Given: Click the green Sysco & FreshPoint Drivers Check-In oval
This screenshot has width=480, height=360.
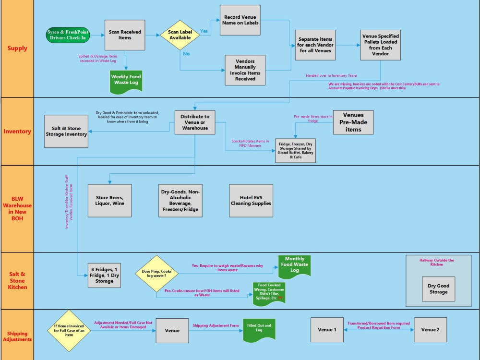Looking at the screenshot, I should coord(68,35).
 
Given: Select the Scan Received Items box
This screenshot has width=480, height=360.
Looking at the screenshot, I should coord(125,35).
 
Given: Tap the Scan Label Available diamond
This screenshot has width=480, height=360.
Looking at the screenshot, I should coord(180,35).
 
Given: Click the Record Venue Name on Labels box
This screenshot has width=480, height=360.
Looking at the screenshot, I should coord(240,20).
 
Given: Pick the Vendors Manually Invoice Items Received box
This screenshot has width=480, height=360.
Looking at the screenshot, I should coord(245,70).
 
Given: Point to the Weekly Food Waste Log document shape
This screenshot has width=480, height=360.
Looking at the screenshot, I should coord(126,80).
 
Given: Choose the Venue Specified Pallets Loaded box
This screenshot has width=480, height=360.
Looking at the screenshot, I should coord(380,45).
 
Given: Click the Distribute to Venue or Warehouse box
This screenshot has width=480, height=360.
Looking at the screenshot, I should coord(195,122).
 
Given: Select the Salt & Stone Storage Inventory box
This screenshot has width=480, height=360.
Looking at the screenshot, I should coord(66,132).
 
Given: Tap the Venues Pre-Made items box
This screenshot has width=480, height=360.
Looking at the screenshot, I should coord(353,122).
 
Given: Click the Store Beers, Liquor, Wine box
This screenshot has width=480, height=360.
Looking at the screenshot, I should coord(109,200).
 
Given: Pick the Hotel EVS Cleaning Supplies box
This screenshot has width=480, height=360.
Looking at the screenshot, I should coord(251,200).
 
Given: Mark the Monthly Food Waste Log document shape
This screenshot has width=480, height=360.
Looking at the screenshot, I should coord(295,265).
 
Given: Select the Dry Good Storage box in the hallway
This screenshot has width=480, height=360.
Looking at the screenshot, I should coord(438,288).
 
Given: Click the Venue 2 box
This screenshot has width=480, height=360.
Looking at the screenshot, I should coord(430,330).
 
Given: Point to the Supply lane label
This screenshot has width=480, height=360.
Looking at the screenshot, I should coord(17,48).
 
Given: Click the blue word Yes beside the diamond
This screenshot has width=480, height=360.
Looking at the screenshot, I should coord(204,31).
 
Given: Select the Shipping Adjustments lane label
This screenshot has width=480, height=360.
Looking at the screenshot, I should coord(17,336).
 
